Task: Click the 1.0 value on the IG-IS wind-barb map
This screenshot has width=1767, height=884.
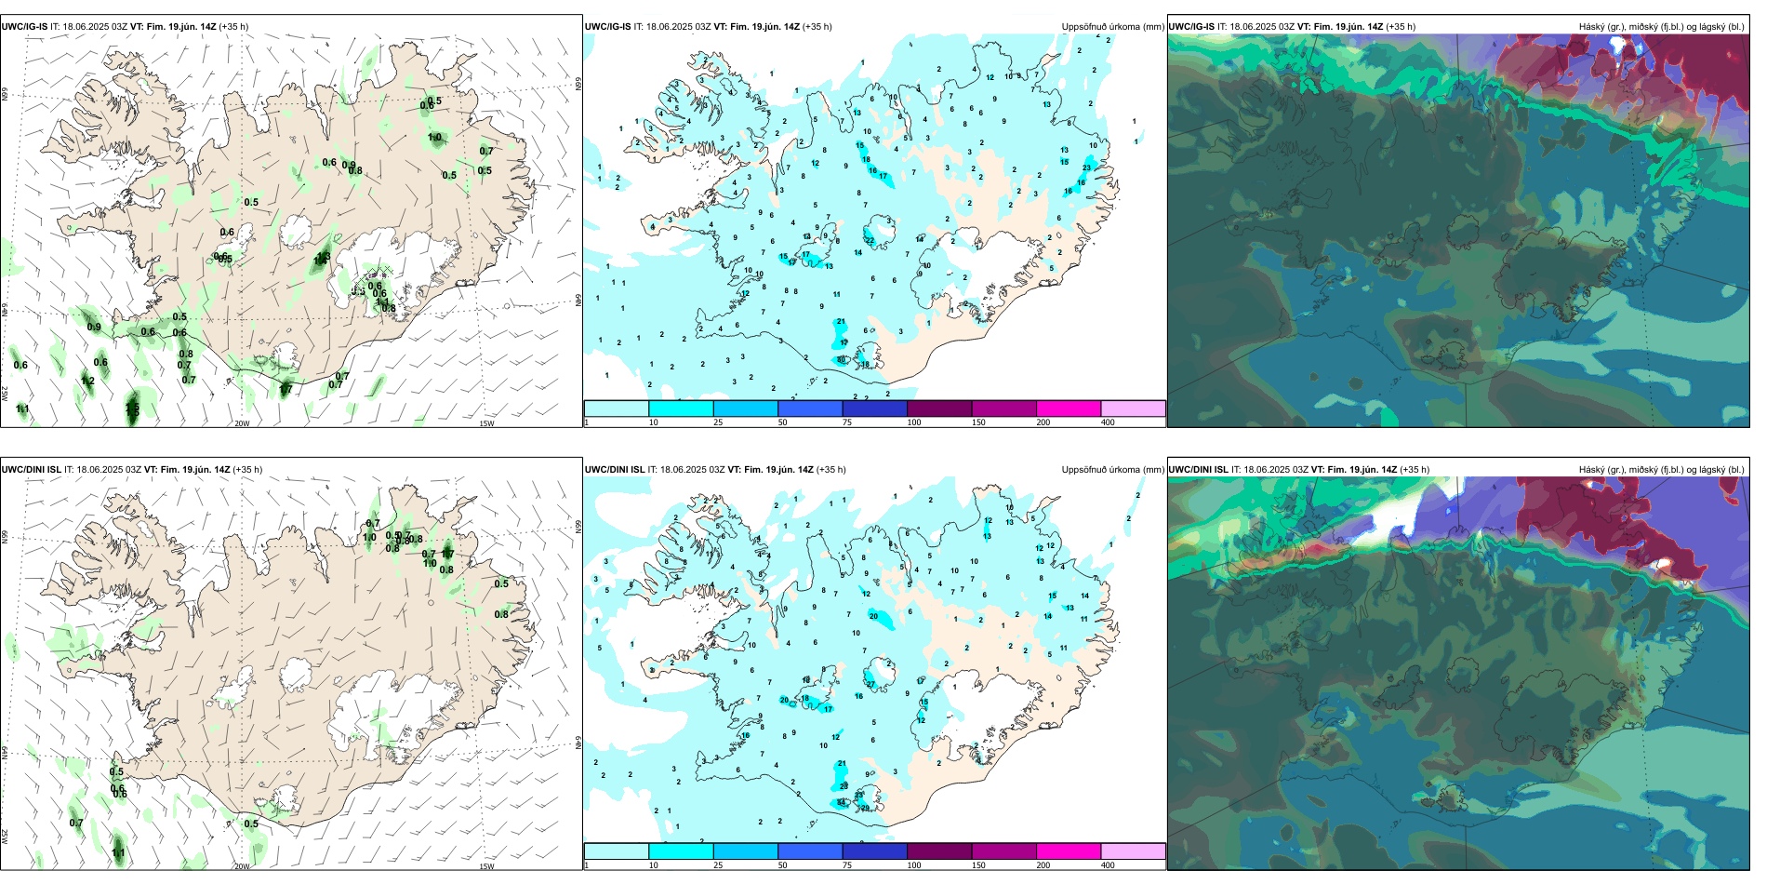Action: click(434, 138)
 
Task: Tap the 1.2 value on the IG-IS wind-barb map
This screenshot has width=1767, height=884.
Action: click(87, 382)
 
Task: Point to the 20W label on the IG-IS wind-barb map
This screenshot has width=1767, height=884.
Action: click(242, 423)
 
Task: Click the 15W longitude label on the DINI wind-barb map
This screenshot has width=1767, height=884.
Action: click(486, 866)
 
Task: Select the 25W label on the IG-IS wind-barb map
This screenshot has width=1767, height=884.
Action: click(6, 394)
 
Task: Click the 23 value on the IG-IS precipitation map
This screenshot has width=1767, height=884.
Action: click(1087, 167)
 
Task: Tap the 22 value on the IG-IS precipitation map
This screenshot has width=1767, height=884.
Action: click(870, 240)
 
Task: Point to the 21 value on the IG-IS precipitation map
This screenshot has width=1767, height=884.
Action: click(841, 322)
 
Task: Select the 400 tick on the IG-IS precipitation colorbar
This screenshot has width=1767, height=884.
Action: click(1108, 422)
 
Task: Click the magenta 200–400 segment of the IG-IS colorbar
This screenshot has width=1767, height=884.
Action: click(1069, 409)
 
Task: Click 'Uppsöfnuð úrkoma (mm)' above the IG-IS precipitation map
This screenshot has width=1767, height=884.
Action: click(1112, 27)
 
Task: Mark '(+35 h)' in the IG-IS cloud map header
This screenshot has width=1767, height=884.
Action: click(1401, 27)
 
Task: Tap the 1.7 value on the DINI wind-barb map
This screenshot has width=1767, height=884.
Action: click(447, 554)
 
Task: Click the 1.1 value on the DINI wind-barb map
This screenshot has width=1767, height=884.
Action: click(118, 852)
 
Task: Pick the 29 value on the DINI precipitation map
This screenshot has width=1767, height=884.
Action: click(865, 808)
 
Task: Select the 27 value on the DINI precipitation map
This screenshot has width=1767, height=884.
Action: click(871, 684)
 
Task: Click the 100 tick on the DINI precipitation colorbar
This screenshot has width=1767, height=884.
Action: click(914, 865)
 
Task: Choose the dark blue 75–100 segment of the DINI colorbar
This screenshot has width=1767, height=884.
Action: click(874, 851)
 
